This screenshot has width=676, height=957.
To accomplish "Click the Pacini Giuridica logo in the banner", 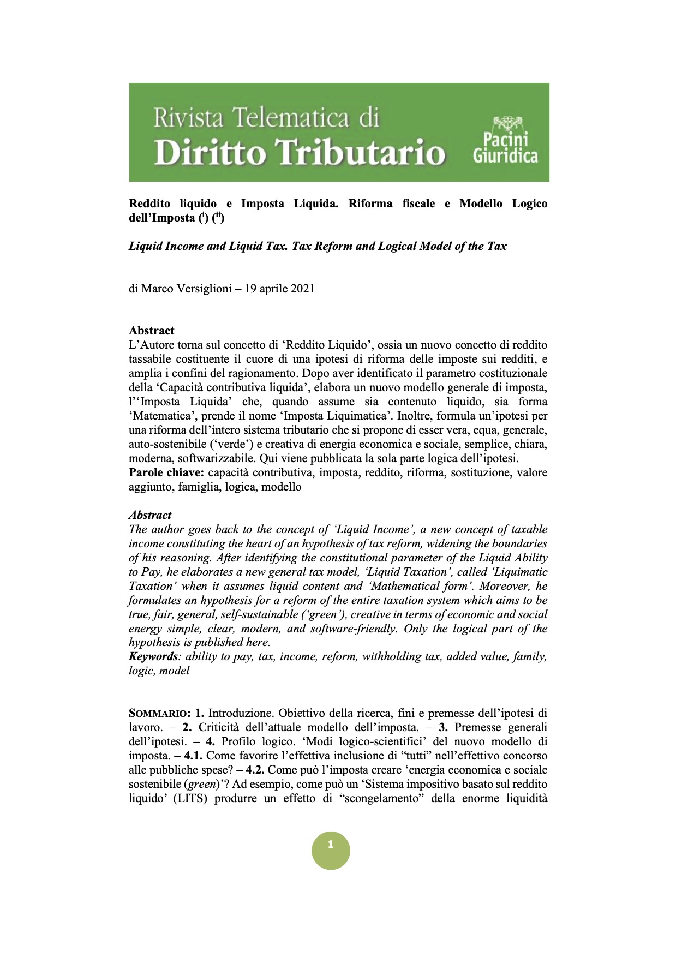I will click(x=505, y=140).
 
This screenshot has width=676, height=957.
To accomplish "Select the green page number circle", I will click(x=331, y=850).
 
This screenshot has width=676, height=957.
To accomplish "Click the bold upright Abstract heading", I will click(x=152, y=331).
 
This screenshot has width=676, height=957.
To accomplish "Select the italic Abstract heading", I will click(x=150, y=515).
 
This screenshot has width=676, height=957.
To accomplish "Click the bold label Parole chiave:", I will click(x=166, y=472).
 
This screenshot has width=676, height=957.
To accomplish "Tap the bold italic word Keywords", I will click(x=153, y=656).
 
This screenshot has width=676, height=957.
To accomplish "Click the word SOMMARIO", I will click(x=159, y=713).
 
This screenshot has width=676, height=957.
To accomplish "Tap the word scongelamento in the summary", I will click(x=381, y=798).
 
